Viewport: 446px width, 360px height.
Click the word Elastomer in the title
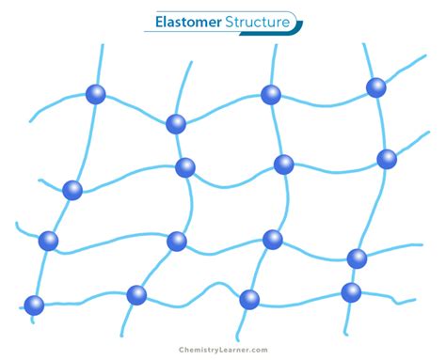(x=186, y=21)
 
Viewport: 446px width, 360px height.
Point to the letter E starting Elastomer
(x=158, y=21)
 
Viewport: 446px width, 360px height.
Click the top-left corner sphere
(x=95, y=94)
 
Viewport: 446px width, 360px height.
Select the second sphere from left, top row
(x=176, y=123)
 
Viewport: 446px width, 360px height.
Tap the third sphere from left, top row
(x=271, y=94)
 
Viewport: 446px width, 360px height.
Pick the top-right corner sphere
(x=376, y=87)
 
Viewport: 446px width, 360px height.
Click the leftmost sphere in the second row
(x=72, y=190)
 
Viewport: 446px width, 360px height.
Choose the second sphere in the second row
(x=185, y=167)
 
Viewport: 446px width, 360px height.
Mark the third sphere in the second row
(x=283, y=164)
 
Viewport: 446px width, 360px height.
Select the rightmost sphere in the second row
(x=387, y=159)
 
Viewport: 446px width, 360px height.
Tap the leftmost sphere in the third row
(x=48, y=241)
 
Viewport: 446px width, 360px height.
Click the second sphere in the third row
(x=177, y=242)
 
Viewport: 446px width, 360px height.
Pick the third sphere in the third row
(x=273, y=239)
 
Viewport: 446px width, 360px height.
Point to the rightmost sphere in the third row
(x=357, y=258)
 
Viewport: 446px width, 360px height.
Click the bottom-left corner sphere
(x=34, y=305)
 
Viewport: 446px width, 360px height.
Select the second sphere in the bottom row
(x=136, y=295)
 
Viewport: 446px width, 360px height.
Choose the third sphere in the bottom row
(x=249, y=299)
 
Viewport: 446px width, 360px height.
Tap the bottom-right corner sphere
(x=351, y=291)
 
